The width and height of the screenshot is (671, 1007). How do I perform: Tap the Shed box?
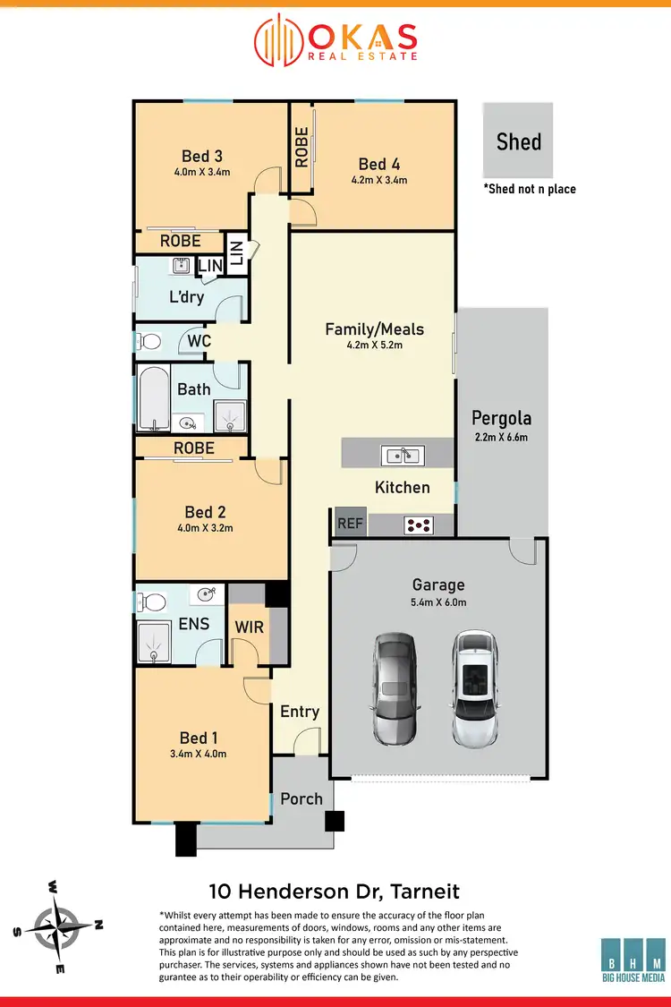point(518,141)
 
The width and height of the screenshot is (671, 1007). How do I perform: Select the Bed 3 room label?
point(201,156)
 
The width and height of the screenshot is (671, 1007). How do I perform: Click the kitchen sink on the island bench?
point(402,455)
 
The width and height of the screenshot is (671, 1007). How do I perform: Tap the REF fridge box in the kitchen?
point(350,523)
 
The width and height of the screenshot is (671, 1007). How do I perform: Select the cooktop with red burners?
point(418,525)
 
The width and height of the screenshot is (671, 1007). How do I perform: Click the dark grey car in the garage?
point(394,689)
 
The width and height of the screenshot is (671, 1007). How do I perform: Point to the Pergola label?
point(501,418)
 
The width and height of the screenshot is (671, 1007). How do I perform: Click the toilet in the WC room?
point(149,341)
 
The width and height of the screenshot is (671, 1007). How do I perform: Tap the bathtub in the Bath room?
point(151,397)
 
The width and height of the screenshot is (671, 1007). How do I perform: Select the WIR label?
point(249,627)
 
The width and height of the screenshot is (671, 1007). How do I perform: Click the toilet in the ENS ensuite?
point(155,600)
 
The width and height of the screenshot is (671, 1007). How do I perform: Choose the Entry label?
point(299,711)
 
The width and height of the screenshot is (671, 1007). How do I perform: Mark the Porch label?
point(301,798)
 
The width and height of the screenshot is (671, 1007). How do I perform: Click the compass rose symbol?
point(58,925)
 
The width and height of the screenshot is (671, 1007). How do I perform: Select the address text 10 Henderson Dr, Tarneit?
point(334,891)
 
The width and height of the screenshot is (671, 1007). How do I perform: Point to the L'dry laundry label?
point(186,297)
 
